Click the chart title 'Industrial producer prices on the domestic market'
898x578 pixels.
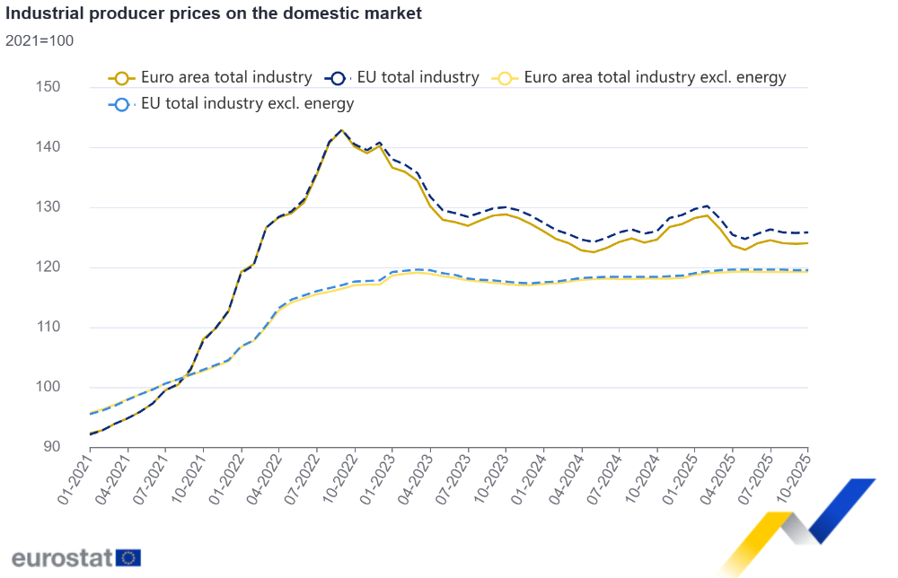tap(214, 14)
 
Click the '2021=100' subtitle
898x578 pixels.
tap(40, 40)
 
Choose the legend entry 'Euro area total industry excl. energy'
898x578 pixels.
tap(641, 77)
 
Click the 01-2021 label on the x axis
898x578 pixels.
tap(75, 479)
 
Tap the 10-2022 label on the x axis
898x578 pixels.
tap(340, 479)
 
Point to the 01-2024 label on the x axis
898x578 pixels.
tap(530, 479)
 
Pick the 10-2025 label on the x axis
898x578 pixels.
tap(795, 479)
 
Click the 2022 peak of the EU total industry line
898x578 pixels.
tap(341, 130)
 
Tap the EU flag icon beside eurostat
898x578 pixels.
tap(129, 557)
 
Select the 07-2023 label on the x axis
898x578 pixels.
tap(454, 479)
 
